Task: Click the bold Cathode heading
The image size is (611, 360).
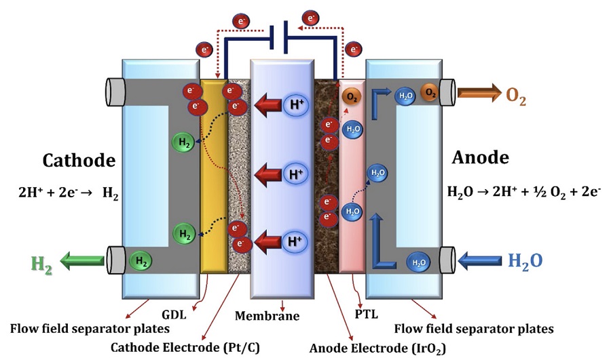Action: pyautogui.click(x=79, y=161)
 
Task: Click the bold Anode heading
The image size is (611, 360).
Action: pyautogui.click(x=480, y=157)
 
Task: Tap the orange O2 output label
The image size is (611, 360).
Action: pyautogui.click(x=516, y=97)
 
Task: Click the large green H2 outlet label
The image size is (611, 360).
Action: pyautogui.click(x=41, y=265)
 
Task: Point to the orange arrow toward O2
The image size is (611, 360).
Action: pyautogui.click(x=479, y=93)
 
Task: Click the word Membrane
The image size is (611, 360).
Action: pyautogui.click(x=267, y=316)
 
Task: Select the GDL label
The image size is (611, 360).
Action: pyautogui.click(x=174, y=314)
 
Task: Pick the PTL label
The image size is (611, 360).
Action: pyautogui.click(x=367, y=314)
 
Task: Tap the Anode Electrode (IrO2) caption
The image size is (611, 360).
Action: pyautogui.click(x=377, y=348)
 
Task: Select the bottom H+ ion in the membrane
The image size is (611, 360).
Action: pyautogui.click(x=295, y=241)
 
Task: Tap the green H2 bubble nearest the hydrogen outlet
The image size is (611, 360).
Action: pyautogui.click(x=141, y=261)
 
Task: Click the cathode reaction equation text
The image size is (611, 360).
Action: pyautogui.click(x=68, y=193)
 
